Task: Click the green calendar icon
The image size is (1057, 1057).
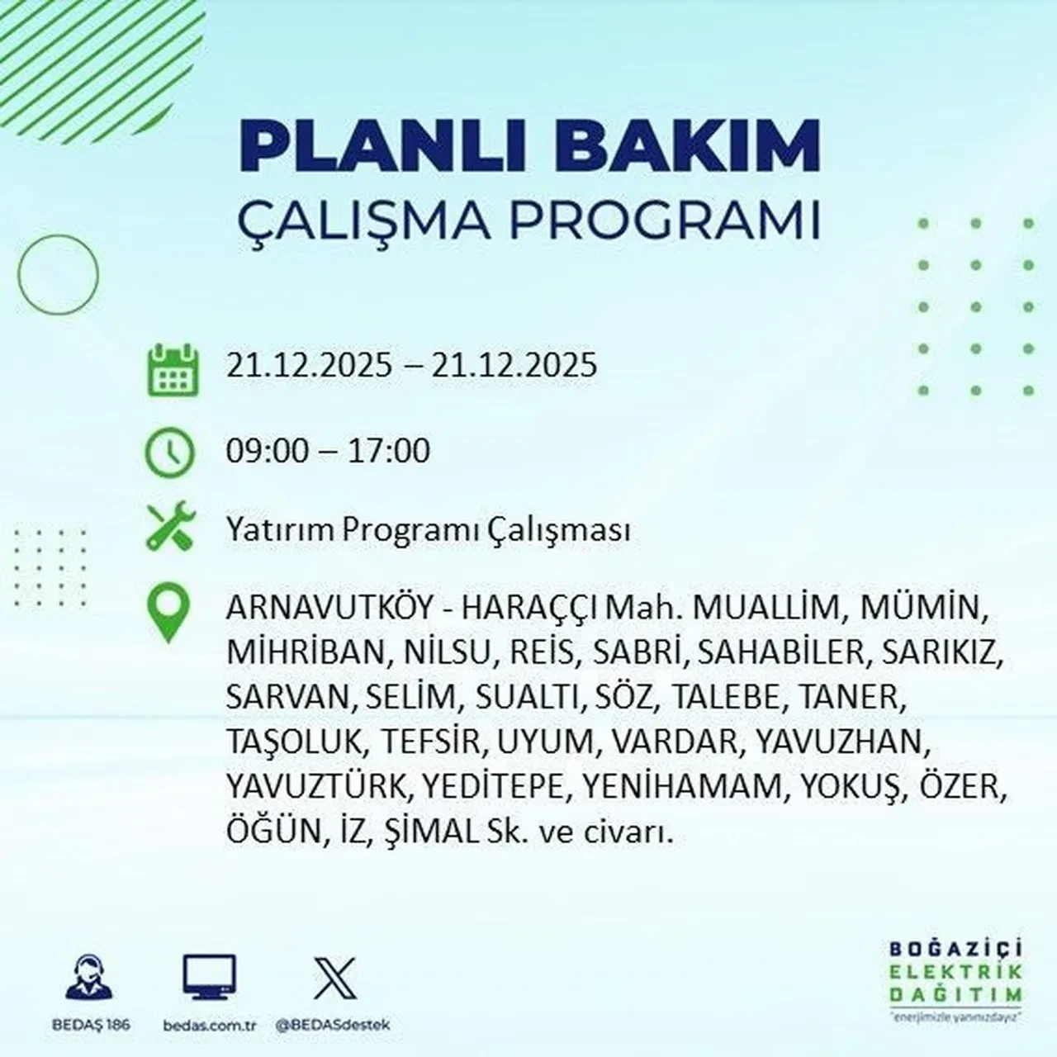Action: (173, 369)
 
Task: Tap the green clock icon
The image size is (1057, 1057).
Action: (169, 453)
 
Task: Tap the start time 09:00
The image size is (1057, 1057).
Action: (265, 452)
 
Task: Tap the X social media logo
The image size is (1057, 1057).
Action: (335, 978)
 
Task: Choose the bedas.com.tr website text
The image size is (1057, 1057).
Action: (211, 1024)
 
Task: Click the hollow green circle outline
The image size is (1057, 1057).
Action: (58, 274)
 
